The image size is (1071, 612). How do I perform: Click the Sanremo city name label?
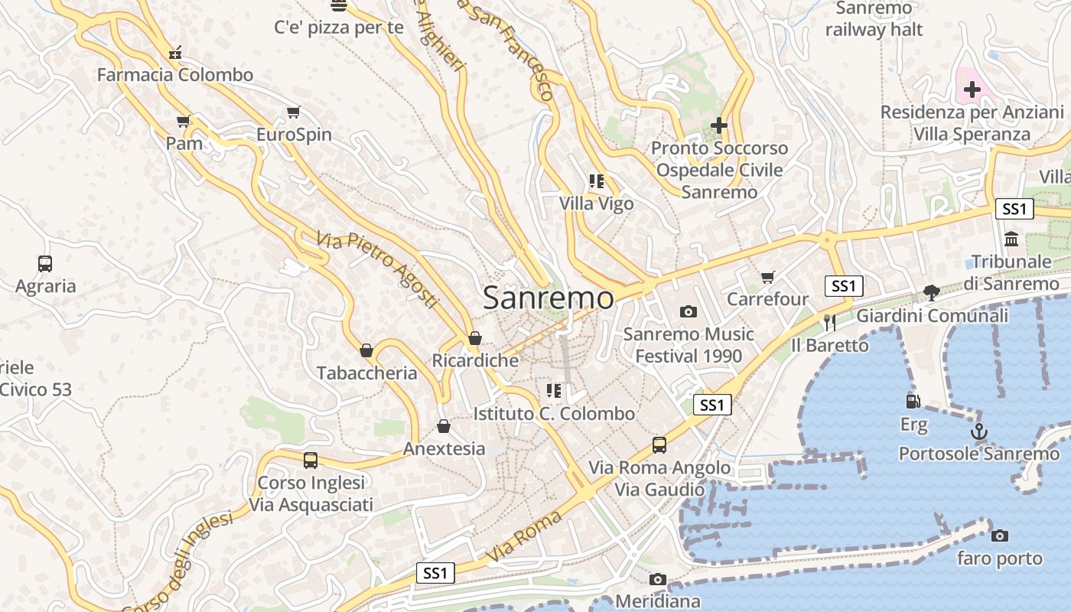(x=548, y=298)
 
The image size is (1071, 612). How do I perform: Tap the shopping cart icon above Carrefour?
(x=767, y=277)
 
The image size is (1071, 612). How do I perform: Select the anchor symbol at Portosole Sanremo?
(x=978, y=432)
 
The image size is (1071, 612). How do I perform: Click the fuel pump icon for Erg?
(x=913, y=401)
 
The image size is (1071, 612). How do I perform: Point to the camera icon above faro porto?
(x=999, y=535)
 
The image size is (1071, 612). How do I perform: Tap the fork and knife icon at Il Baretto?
(x=829, y=322)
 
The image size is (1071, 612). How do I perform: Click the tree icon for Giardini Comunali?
(x=931, y=292)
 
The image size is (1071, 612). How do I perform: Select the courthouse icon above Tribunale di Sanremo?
(x=1011, y=239)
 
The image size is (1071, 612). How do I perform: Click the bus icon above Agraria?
(x=45, y=264)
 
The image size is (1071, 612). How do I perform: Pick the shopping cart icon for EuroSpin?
(x=293, y=112)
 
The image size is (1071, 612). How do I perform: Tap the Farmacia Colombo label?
(x=174, y=75)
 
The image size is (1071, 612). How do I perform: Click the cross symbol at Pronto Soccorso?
(x=718, y=125)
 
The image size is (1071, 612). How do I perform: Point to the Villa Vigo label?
(x=596, y=203)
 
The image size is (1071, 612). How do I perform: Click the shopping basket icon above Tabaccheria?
(x=366, y=350)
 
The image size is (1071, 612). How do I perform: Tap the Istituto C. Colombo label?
(x=554, y=414)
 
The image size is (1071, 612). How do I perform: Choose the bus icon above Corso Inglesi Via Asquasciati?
(x=310, y=461)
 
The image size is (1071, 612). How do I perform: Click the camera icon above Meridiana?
(x=657, y=579)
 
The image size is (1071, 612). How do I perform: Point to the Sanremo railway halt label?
(x=874, y=19)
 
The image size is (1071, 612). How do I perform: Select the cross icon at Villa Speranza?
(x=972, y=90)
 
